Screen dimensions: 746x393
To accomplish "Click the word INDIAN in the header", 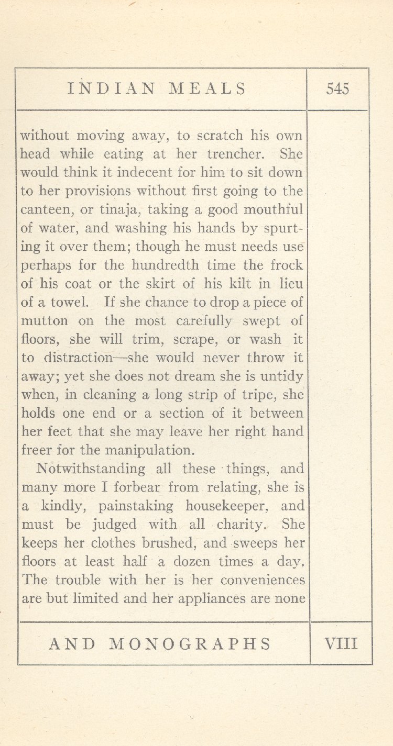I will point(111,88).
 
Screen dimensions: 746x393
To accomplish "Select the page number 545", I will point(337,88).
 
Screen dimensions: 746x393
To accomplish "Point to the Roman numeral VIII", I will point(341,643).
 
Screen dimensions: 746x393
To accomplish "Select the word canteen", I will point(43,210).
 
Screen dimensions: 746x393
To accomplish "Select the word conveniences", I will point(263,580).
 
